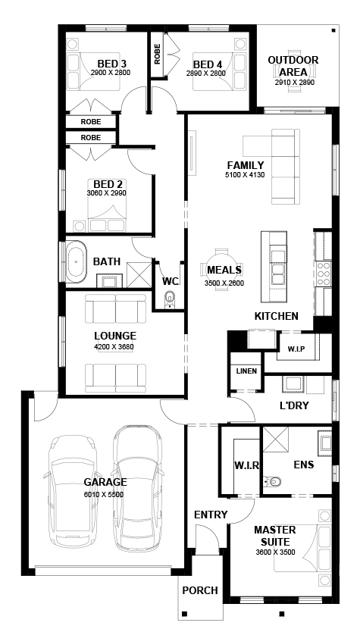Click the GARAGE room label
[x=105, y=482]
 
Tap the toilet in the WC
[x=170, y=299]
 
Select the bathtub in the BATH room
[x=77, y=261]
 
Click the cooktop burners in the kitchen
[x=324, y=274]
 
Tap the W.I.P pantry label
[x=296, y=349]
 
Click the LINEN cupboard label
[x=246, y=371]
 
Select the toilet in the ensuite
[x=274, y=481]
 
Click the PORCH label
[x=200, y=590]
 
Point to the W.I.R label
[x=247, y=465]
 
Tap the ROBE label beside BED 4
[x=157, y=54]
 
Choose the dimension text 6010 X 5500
[x=104, y=495]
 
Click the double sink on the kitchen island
[x=278, y=268]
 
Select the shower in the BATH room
[x=139, y=275]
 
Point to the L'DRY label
[x=294, y=406]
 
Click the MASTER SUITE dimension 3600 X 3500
[x=275, y=552]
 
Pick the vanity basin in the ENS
[x=324, y=443]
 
